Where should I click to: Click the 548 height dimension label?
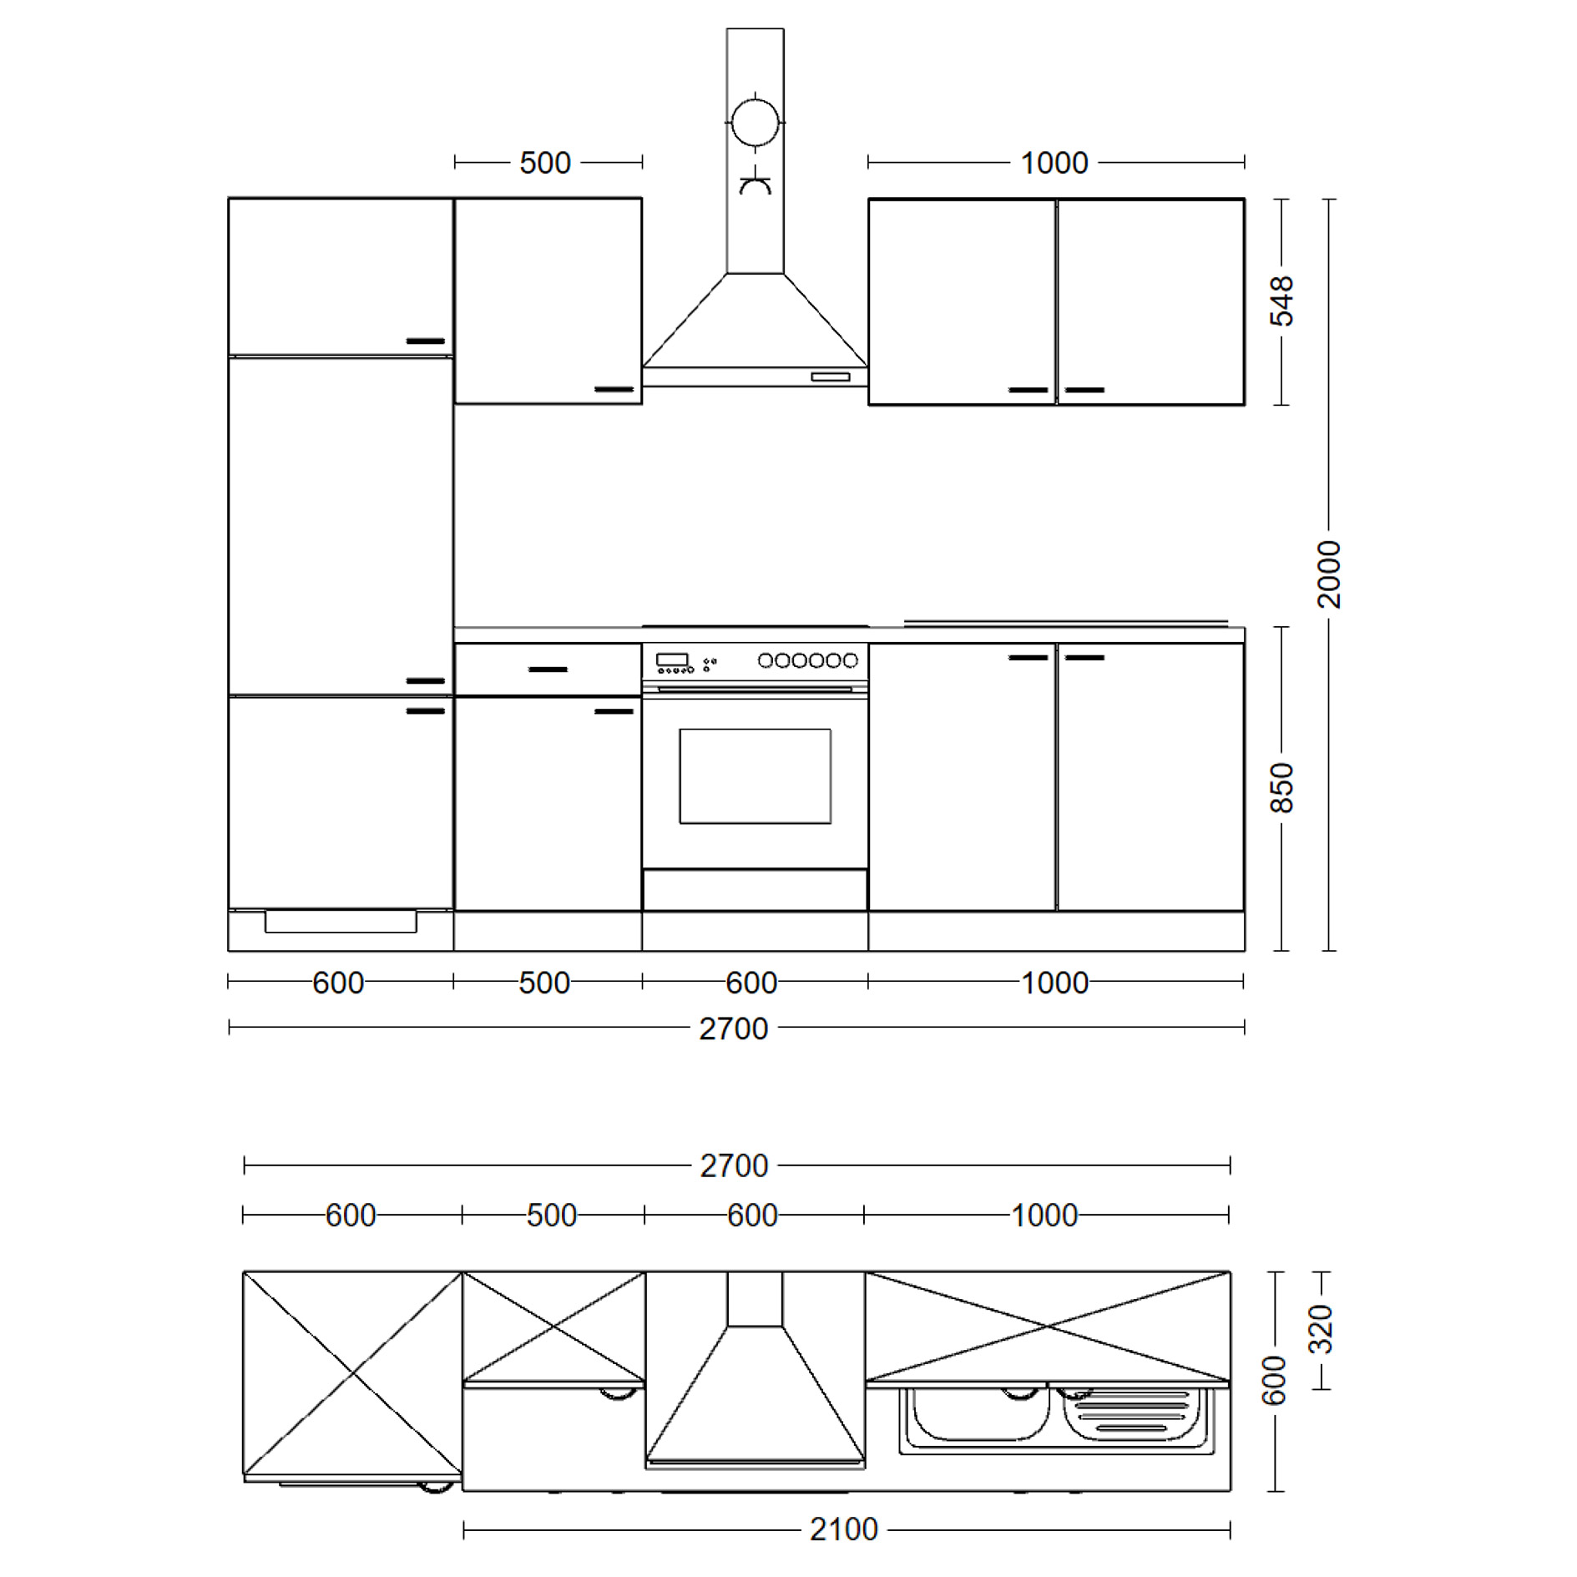coord(1281,301)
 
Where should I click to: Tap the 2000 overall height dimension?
coord(1328,574)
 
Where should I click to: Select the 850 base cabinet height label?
coord(1281,788)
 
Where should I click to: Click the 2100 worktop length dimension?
coord(844,1529)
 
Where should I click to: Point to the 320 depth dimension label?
coord(1320,1329)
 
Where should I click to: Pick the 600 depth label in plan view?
coord(1273,1381)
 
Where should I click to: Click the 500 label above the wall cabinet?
coord(545,163)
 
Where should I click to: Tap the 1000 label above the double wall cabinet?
coord(1054,163)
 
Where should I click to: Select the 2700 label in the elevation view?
coord(734,1029)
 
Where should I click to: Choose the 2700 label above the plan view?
coord(734,1165)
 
